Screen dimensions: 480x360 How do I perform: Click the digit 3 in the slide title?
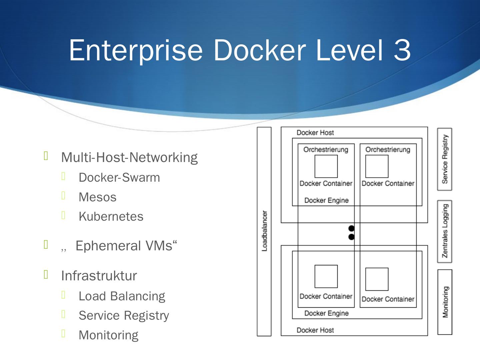[402, 50]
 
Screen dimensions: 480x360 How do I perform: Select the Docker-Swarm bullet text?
[119, 177]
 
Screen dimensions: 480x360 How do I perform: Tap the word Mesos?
[97, 197]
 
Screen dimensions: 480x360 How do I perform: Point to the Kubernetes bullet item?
[111, 216]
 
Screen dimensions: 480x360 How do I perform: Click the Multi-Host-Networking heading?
[129, 158]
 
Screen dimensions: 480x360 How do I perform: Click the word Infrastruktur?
[99, 276]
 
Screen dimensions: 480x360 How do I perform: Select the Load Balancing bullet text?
[122, 296]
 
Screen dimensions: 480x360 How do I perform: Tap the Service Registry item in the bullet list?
[124, 316]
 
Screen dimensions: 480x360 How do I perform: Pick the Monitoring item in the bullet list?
[108, 335]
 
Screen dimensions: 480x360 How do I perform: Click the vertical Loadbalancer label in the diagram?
[264, 231]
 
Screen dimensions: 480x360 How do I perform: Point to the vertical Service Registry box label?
[445, 159]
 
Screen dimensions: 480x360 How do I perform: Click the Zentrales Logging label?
[445, 231]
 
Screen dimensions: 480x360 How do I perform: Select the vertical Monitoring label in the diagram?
[445, 302]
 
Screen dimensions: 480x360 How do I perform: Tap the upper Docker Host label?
[315, 133]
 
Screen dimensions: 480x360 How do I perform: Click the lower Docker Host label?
[315, 330]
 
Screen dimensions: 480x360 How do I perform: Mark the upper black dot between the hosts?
[351, 229]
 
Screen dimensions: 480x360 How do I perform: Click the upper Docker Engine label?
[326, 200]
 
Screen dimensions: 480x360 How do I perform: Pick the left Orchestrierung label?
[326, 150]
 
